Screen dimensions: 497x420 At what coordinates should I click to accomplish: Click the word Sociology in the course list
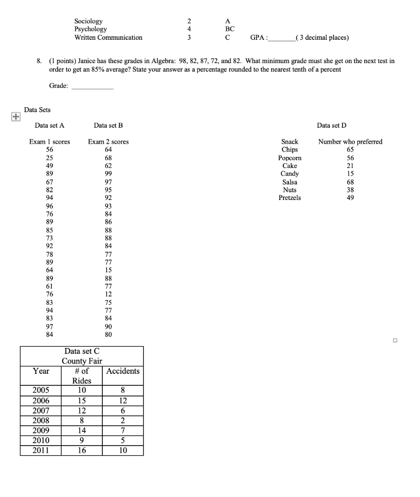88,21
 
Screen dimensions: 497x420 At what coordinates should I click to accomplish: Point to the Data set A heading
49,126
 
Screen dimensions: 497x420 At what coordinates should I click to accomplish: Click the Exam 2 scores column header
108,142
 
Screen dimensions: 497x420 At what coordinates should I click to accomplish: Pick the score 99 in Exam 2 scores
108,174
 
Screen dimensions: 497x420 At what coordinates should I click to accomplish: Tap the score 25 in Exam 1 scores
49,158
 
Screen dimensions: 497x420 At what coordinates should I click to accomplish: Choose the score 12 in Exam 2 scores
108,294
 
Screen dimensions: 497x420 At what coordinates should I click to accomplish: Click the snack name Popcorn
290,158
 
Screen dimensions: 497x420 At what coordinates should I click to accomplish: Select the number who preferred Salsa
350,182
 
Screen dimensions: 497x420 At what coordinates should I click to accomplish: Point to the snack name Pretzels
290,198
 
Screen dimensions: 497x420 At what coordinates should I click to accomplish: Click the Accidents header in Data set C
123,371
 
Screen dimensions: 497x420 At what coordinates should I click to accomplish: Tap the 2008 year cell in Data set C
41,420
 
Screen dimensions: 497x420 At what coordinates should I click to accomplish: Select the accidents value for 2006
123,401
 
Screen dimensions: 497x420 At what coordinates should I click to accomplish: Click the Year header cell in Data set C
41,371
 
